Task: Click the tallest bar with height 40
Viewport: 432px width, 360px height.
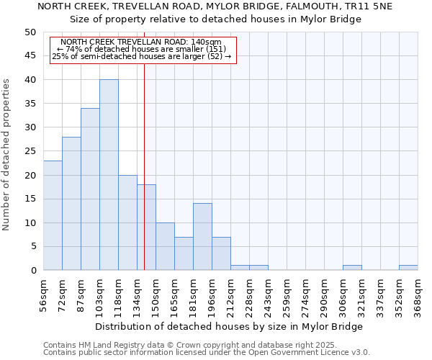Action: coord(109,175)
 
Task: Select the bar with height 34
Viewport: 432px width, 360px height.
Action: coord(90,189)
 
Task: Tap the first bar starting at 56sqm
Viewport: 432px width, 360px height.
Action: coord(53,215)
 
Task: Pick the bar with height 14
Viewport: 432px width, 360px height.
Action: coord(202,237)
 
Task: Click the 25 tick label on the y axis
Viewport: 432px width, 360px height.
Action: coord(30,151)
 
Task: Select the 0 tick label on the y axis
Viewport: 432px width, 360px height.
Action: coord(32,271)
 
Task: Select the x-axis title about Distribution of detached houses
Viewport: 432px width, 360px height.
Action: coord(229,326)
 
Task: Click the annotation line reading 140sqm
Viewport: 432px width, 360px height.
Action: coord(142,42)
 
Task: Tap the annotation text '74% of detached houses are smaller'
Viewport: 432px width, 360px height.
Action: coord(142,49)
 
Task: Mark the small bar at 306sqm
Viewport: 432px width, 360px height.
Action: coord(352,268)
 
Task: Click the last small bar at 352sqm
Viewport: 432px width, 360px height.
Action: coord(408,268)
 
